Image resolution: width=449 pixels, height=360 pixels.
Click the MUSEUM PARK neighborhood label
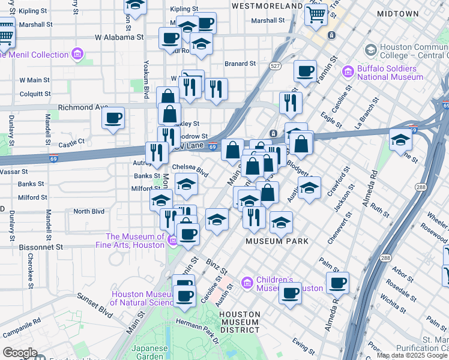pyautogui.click(x=277, y=241)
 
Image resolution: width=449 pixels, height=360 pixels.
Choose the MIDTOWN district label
pyautogui.click(x=398, y=13)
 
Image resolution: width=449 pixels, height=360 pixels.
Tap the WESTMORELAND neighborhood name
pyautogui.click(x=267, y=5)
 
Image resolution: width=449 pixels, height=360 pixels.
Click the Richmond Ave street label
pyautogui.click(x=83, y=108)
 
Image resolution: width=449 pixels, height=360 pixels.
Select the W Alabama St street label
pyautogui.click(x=119, y=37)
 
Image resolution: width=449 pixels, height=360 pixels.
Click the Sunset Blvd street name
pyautogui.click(x=95, y=305)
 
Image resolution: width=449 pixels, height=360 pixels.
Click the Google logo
pyautogui.click(x=20, y=353)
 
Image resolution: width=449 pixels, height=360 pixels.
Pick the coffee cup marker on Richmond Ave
pyautogui.click(x=113, y=118)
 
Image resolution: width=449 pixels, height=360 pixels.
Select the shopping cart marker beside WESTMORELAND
pyautogui.click(x=316, y=13)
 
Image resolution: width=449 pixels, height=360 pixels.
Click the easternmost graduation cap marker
pyautogui.click(x=400, y=140)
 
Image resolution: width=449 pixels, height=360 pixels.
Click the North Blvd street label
pyautogui.click(x=89, y=211)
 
